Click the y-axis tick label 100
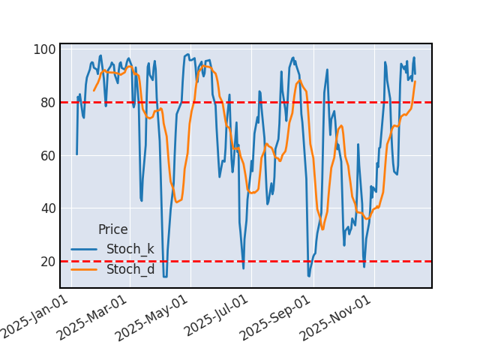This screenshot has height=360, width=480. (x=44, y=50)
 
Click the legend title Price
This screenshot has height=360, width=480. (x=112, y=230)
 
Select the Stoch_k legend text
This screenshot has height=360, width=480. (x=130, y=249)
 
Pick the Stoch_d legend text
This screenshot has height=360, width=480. (x=130, y=269)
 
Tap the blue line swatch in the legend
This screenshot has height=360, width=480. (x=85, y=249)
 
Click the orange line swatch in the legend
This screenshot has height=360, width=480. (x=85, y=269)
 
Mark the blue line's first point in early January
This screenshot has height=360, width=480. (x=76, y=154)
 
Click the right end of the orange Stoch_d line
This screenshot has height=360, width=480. (x=415, y=81)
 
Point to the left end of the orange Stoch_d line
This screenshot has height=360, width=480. (x=94, y=91)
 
